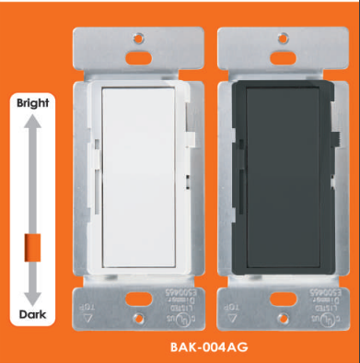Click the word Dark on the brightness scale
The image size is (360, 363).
point(32,315)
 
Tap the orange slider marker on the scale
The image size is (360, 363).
point(32,247)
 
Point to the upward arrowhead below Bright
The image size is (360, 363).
point(32,118)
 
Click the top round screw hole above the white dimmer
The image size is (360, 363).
point(138,39)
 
